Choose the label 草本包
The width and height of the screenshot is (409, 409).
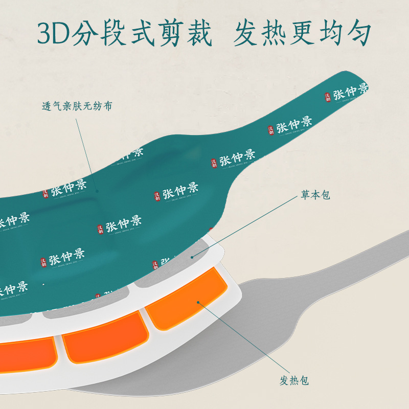(315, 196)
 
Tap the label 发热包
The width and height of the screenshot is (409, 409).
(294, 380)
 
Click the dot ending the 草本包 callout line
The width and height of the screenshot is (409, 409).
(193, 257)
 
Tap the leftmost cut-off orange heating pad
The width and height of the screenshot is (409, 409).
(26, 353)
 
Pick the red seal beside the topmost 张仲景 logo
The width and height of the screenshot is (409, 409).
(328, 97)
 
